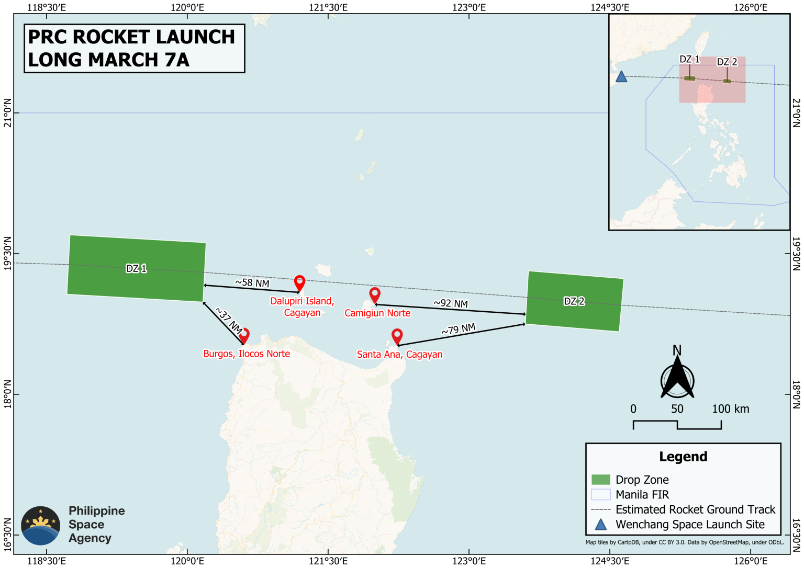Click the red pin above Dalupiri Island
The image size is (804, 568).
click(299, 282)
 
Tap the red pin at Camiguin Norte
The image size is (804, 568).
click(375, 294)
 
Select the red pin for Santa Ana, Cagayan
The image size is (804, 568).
click(397, 336)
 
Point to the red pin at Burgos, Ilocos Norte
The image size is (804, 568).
click(244, 335)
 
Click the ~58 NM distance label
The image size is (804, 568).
click(252, 283)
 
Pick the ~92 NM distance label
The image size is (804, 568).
click(451, 303)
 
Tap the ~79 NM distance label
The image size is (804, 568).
click(459, 330)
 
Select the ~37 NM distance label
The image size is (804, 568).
click(229, 321)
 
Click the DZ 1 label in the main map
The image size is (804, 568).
click(136, 268)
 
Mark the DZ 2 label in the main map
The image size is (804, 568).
click(574, 301)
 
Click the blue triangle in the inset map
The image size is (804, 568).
click(621, 77)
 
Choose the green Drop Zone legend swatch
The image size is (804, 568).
click(600, 480)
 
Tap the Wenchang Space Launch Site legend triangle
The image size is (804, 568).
click(601, 525)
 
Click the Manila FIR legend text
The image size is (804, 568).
click(642, 495)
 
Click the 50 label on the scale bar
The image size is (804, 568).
click(677, 409)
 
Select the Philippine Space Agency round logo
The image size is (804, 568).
click(40, 526)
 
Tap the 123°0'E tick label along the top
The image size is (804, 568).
click(470, 7)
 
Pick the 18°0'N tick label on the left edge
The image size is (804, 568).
click(7, 394)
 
